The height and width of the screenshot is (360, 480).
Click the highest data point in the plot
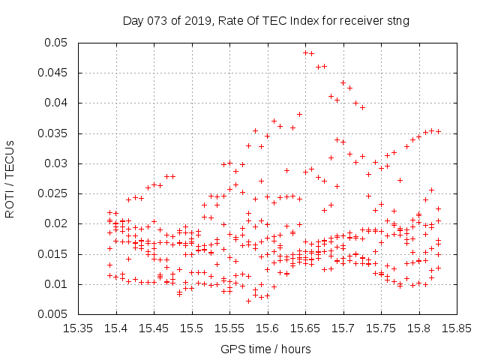pyautogui.click(x=305, y=53)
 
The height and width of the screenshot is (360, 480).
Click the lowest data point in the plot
pyautogui.click(x=248, y=301)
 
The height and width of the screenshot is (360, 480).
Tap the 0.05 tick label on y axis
pyautogui.click(x=55, y=43)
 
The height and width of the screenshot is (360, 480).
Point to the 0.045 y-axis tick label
pyautogui.click(x=52, y=73)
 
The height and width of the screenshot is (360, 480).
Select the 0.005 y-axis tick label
pyautogui.click(x=52, y=314)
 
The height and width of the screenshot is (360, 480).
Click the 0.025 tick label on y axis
pyautogui.click(x=52, y=193)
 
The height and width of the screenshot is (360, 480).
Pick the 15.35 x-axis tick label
pyautogui.click(x=78, y=328)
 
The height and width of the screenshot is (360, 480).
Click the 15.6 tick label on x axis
pyautogui.click(x=268, y=328)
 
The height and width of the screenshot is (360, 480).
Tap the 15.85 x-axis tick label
pyautogui.click(x=457, y=328)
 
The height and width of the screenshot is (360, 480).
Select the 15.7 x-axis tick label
pyautogui.click(x=343, y=328)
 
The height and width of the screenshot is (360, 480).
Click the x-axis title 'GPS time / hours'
pyautogui.click(x=265, y=349)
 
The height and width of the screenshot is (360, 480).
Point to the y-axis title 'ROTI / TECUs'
pyautogui.click(x=10, y=179)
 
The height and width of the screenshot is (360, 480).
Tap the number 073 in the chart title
pyautogui.click(x=157, y=21)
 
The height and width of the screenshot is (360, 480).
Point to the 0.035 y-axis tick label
pyautogui.click(x=52, y=133)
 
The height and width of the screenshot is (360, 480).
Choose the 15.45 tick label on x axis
pyautogui.click(x=154, y=328)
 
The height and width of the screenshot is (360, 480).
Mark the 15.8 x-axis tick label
pyautogui.click(x=419, y=328)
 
